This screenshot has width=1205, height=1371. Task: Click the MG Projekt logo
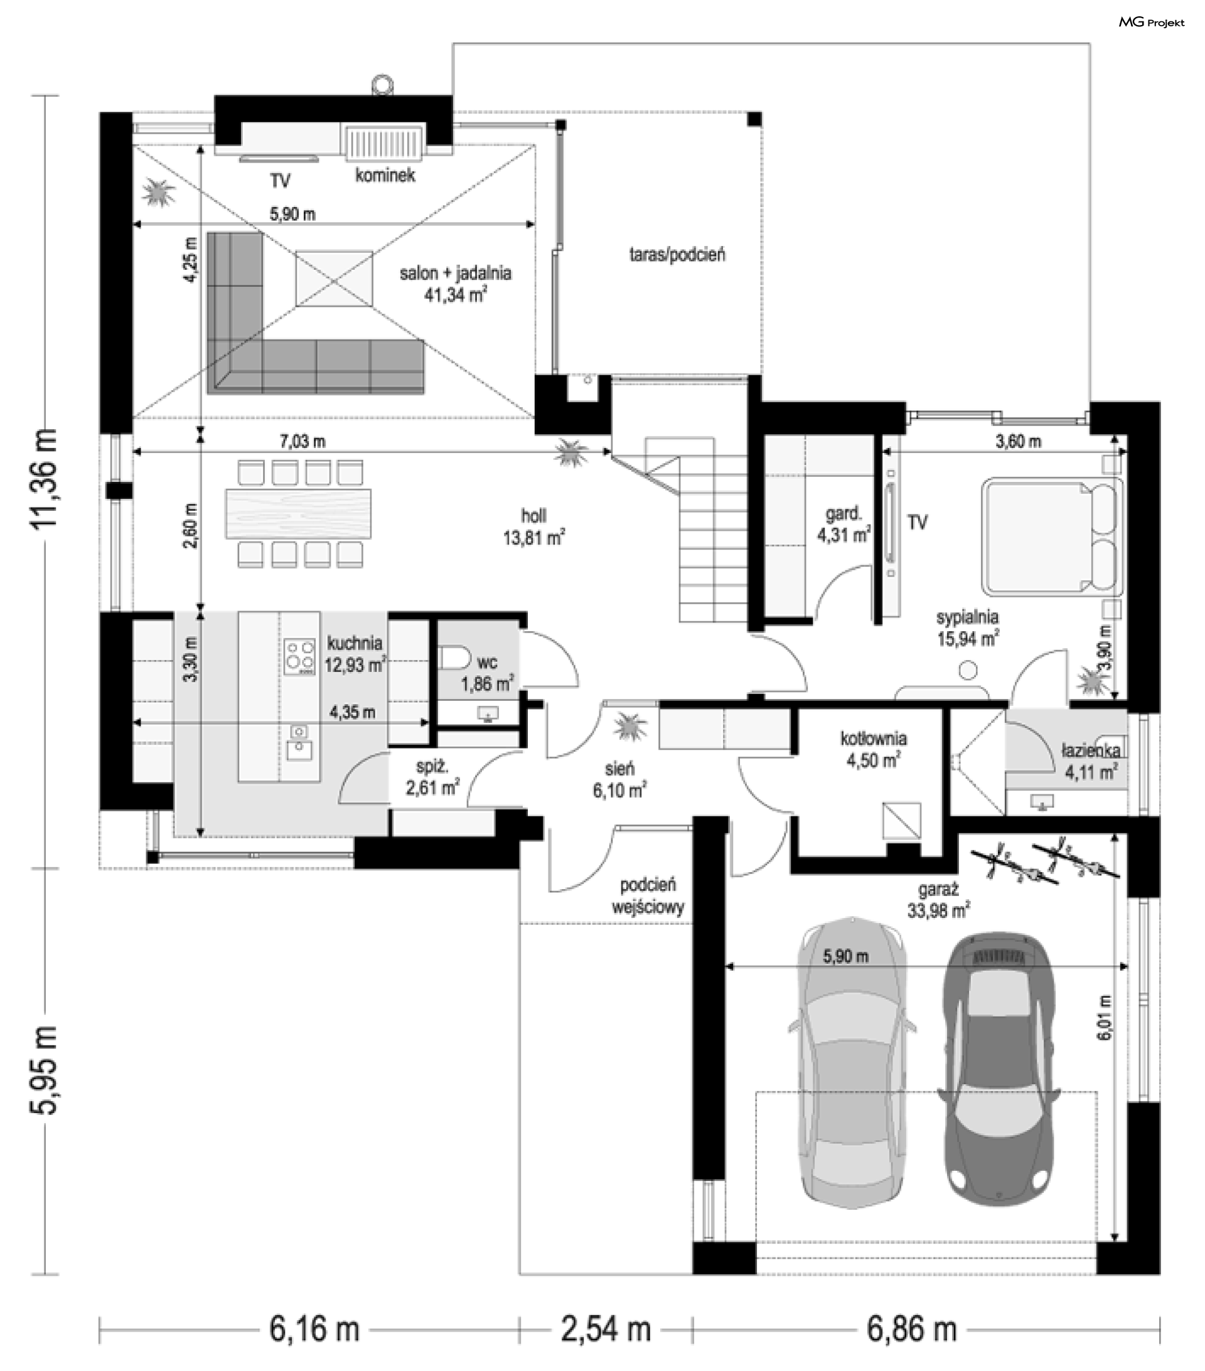tap(1150, 22)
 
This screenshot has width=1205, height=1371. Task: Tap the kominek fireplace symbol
tap(385, 142)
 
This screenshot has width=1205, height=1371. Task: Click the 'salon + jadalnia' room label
tap(455, 273)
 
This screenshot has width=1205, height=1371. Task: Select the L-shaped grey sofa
tap(315, 312)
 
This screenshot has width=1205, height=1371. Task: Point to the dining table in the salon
tap(298, 513)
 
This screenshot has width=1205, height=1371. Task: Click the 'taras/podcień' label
tap(677, 254)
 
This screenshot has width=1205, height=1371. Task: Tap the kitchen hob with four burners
tap(300, 656)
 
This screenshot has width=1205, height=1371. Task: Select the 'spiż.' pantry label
tap(432, 766)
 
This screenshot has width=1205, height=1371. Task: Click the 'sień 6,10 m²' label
tap(619, 779)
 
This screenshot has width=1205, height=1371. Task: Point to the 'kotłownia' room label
tap(874, 739)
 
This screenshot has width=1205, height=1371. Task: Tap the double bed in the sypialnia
tap(1052, 535)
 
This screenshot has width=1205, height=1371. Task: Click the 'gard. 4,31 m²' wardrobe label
tap(843, 525)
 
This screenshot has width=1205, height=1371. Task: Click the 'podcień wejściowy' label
tap(648, 896)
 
